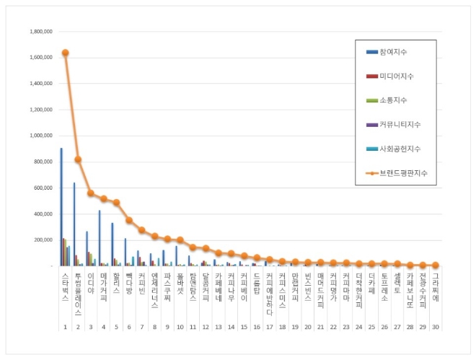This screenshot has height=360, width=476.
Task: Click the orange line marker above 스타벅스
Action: click(x=66, y=53)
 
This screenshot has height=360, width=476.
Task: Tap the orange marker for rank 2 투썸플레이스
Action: click(x=78, y=159)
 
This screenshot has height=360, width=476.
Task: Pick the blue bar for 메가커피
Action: click(x=100, y=238)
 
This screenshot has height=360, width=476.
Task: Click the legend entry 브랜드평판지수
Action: click(x=405, y=173)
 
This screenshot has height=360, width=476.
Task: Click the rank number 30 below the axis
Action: click(x=434, y=327)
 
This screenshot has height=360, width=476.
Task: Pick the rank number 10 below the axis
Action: click(x=179, y=327)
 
